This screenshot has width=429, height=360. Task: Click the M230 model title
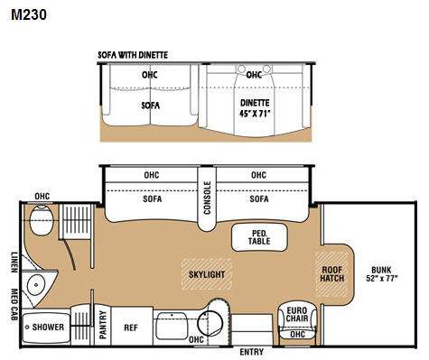(x=29, y=14)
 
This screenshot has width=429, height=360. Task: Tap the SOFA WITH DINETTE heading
(x=133, y=55)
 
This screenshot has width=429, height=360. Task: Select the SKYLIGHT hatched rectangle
(x=207, y=274)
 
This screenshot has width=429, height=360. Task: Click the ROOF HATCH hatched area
(x=331, y=274)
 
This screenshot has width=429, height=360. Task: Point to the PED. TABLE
(x=259, y=237)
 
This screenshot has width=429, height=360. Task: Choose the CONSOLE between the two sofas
(x=207, y=198)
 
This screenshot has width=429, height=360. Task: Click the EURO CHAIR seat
(x=297, y=321)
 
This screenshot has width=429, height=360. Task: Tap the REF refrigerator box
(x=131, y=327)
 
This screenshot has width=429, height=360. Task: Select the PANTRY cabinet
(x=103, y=326)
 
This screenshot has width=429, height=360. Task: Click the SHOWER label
(x=48, y=327)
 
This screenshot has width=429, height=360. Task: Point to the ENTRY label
(x=252, y=352)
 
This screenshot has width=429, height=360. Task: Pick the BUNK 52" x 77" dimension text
(x=382, y=273)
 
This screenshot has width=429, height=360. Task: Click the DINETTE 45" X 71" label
(x=255, y=108)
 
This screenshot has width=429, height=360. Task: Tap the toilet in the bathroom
(x=42, y=221)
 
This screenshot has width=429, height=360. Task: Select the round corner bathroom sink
(x=36, y=284)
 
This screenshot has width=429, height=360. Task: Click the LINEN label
(x=14, y=263)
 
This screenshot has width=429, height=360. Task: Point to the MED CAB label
(x=14, y=304)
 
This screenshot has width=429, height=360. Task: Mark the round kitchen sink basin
(x=210, y=323)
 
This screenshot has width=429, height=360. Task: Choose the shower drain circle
(x=27, y=327)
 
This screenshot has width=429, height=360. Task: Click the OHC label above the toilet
(x=42, y=197)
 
